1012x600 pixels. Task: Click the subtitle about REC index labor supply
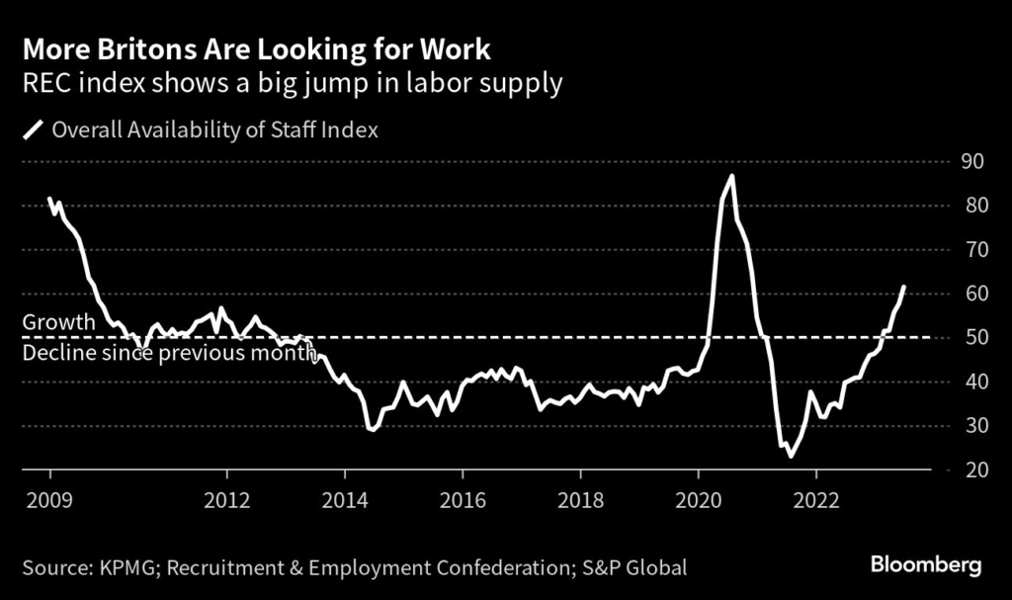[293, 83]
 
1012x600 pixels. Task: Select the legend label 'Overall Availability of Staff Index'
[214, 129]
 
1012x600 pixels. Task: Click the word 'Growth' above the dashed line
[58, 322]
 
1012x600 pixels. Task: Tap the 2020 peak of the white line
[731, 176]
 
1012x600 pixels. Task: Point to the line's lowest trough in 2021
[790, 456]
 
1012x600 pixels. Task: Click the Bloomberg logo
[926, 565]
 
